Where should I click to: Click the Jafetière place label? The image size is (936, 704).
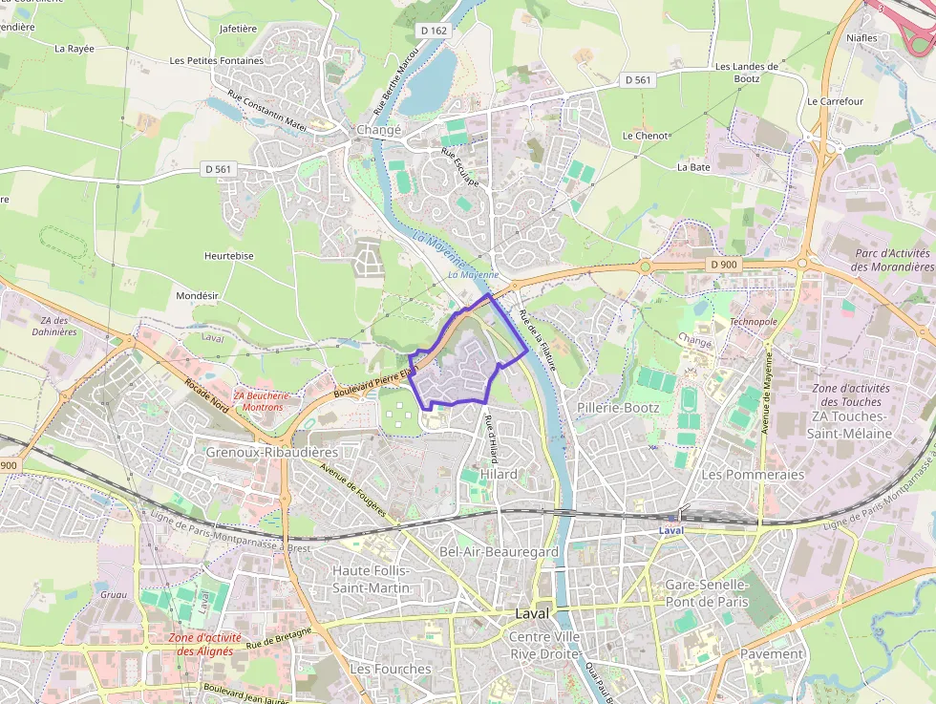pos(239,29)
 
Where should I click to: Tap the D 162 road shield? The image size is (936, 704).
pos(433,32)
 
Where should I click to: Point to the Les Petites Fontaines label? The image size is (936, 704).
pos(216,60)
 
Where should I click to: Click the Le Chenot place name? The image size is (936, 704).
pos(645,136)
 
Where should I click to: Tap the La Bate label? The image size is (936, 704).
pos(693,167)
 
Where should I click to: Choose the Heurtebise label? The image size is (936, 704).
pos(229,256)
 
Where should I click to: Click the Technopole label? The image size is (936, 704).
pos(753,322)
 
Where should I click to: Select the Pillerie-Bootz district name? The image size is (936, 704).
pos(618,407)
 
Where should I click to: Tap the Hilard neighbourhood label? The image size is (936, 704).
pos(500,474)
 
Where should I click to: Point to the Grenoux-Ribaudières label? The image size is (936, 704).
pos(272,451)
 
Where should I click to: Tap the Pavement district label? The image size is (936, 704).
pos(772,654)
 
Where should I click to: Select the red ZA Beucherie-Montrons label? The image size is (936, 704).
pos(258,401)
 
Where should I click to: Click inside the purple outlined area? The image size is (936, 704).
pos(458,368)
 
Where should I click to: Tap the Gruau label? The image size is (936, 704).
pos(113,594)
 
